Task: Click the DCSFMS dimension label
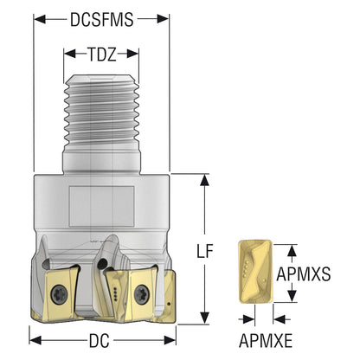tap(102, 20)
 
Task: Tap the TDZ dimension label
tap(102, 54)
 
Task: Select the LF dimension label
tap(204, 251)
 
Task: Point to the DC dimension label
tap(100, 341)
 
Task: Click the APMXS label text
tap(304, 273)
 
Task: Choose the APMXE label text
tap(266, 341)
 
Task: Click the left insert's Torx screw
tap(60, 294)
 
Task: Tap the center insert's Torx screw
tap(142, 294)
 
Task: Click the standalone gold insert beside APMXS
tap(255, 272)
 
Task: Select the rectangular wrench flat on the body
tap(102, 206)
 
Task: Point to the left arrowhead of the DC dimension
tap(35, 340)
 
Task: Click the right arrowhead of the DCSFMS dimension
tap(163, 19)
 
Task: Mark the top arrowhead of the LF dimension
tap(204, 180)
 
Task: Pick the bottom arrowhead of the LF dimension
tap(204, 318)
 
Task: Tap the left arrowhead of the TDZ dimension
tap(69, 54)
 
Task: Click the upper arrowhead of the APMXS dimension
tap(292, 250)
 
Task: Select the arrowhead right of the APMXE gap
tap(279, 319)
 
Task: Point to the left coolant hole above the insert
tap(46, 265)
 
